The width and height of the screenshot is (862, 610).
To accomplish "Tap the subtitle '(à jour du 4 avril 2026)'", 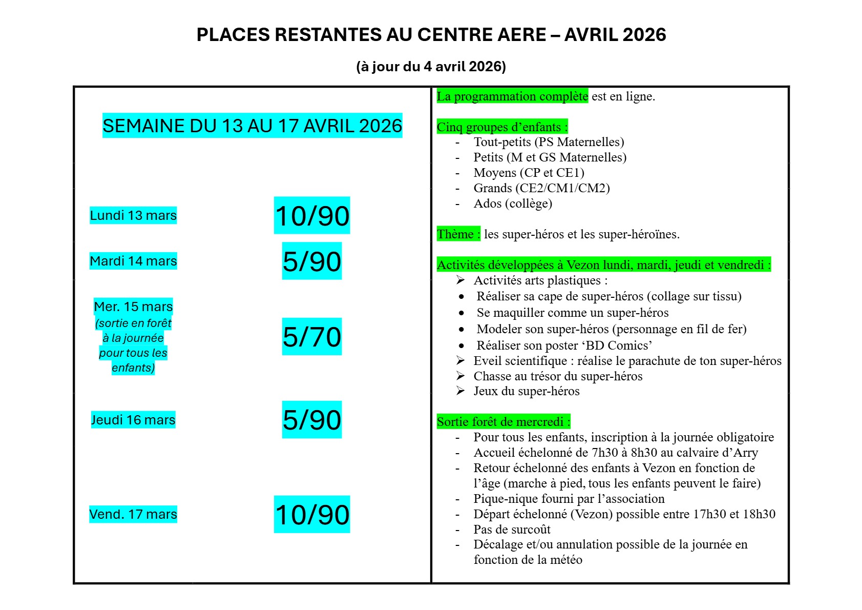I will pyautogui.click(x=431, y=67).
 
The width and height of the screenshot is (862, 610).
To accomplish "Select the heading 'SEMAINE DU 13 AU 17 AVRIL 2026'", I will pyautogui.click(x=252, y=126).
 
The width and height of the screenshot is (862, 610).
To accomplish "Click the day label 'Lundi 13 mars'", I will pyautogui.click(x=133, y=215).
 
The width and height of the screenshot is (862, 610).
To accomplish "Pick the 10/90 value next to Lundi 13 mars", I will pyautogui.click(x=312, y=215).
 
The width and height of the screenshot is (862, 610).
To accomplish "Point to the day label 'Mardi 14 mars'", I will pyautogui.click(x=133, y=261).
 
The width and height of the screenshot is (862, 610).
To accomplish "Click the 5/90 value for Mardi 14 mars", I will pyautogui.click(x=312, y=261).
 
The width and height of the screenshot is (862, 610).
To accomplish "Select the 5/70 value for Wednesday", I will pyautogui.click(x=312, y=337).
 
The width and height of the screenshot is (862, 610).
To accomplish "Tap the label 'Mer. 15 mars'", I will pyautogui.click(x=133, y=307).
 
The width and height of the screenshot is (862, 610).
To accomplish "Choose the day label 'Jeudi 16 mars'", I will pyautogui.click(x=133, y=420).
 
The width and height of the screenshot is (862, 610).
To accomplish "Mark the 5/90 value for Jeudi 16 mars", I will pyautogui.click(x=312, y=420).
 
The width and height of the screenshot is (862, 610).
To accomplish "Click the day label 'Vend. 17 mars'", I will pyautogui.click(x=133, y=514).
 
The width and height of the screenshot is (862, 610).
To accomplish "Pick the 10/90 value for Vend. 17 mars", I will pyautogui.click(x=312, y=514).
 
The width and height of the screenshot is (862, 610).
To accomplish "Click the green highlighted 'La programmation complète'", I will pyautogui.click(x=512, y=96).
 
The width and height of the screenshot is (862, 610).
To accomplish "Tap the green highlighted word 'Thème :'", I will pyautogui.click(x=458, y=234).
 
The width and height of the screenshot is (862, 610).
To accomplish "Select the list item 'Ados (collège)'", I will pyautogui.click(x=513, y=204).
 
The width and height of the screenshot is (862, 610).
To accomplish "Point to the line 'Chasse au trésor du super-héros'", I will pyautogui.click(x=558, y=376).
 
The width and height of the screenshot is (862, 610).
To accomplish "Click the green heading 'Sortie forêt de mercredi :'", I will pyautogui.click(x=503, y=422).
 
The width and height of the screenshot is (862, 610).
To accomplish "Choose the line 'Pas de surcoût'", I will pyautogui.click(x=512, y=530).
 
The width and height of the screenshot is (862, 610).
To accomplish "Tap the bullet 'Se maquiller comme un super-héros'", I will pyautogui.click(x=573, y=313).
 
